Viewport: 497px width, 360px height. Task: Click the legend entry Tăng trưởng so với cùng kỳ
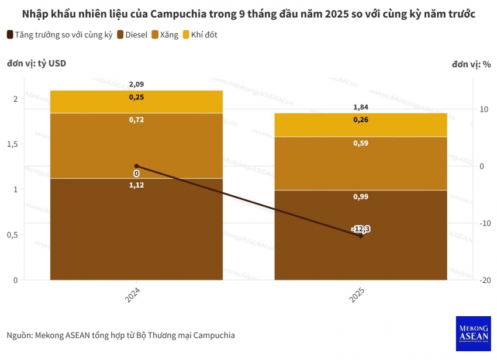click(59, 35)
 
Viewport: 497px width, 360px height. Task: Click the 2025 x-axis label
click(357, 295)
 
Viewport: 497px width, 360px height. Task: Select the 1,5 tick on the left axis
click(11, 144)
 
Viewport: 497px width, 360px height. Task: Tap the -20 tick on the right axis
click(485, 281)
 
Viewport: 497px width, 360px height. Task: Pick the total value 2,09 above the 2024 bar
click(136, 85)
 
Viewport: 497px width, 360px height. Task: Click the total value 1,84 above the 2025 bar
click(361, 108)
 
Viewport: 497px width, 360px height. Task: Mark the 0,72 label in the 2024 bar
click(136, 120)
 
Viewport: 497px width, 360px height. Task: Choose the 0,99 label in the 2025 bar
click(361, 197)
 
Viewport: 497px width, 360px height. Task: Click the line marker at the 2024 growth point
click(136, 166)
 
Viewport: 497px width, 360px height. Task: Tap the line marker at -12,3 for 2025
click(361, 236)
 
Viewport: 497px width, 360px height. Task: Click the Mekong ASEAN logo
click(472, 334)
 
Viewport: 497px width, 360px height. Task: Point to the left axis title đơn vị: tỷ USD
click(36, 64)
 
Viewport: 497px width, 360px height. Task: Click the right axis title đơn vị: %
click(470, 64)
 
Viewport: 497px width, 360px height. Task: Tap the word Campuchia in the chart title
click(177, 13)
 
